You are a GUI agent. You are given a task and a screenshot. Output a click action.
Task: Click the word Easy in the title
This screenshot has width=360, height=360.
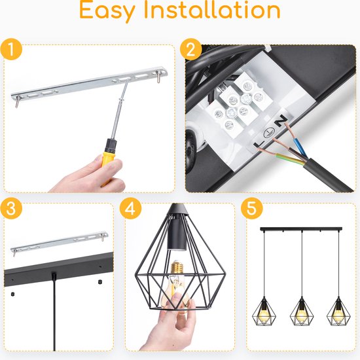(x=107, y=12)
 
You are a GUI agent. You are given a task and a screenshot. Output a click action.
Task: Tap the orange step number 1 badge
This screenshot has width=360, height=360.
(x=11, y=50)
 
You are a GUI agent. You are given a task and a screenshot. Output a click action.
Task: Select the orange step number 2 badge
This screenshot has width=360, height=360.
(x=190, y=50)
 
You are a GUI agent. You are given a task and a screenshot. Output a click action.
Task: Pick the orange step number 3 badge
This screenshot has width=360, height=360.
(x=11, y=208)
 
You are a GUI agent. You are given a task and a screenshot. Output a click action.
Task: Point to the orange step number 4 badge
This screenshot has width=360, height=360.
(x=130, y=208)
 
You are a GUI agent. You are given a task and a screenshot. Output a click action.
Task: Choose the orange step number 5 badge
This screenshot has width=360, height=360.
(x=251, y=208)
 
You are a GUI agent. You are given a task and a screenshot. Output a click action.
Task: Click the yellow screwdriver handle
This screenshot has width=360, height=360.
(x=109, y=162)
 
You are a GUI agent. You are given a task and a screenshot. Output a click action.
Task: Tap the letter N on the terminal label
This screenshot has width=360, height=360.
(x=281, y=121)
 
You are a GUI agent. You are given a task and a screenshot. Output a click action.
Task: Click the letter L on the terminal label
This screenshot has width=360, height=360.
(x=259, y=144)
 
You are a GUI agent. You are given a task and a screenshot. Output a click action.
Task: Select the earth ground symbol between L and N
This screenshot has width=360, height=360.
(x=269, y=132)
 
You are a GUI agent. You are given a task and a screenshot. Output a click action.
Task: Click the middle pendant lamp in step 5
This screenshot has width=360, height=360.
(x=302, y=311)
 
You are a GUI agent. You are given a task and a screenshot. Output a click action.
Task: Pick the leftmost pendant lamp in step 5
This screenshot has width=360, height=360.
(x=264, y=311)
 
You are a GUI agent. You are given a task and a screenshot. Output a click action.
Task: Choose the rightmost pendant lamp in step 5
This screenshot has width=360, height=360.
(x=338, y=311)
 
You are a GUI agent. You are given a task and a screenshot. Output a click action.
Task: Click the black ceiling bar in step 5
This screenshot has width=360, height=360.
(x=301, y=229)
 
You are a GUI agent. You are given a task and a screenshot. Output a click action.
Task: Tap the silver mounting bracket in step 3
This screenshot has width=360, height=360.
(x=60, y=243)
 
